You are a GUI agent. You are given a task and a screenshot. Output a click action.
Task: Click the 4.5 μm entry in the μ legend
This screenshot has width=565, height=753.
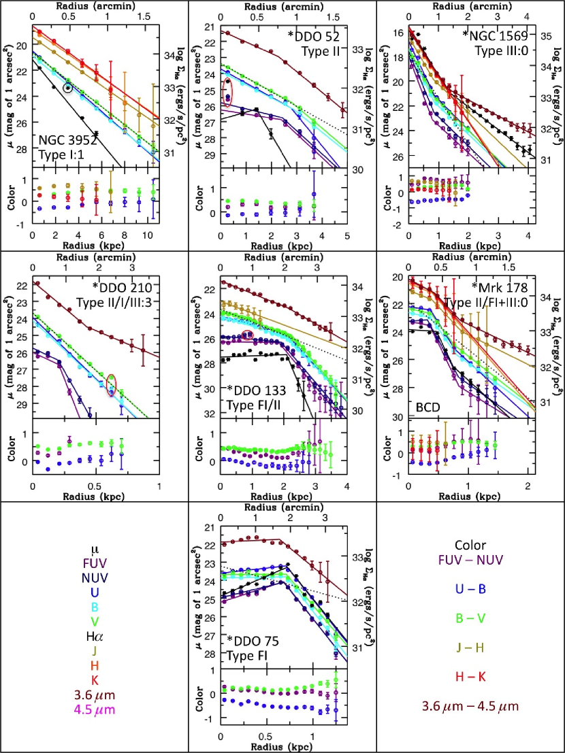pyautogui.click(x=94, y=710)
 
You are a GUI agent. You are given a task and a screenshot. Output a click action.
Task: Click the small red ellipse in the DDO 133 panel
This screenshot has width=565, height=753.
pyautogui.click(x=248, y=334)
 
